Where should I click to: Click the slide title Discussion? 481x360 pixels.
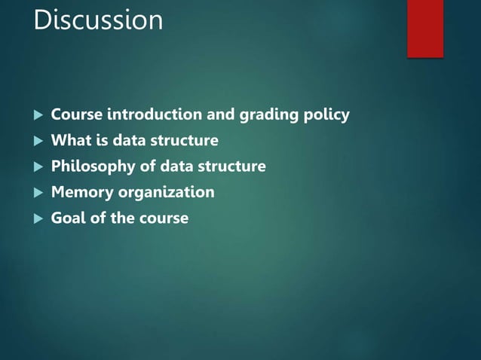(98, 20)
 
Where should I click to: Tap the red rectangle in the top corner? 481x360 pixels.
(425, 28)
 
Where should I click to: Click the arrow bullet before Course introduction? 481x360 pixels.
(37, 115)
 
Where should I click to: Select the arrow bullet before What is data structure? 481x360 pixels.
(37, 141)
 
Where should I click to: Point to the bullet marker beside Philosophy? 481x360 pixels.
(37, 166)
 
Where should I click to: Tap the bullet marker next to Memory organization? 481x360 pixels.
(37, 193)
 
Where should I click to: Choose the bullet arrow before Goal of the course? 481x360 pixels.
(37, 218)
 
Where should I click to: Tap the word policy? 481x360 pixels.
(325, 115)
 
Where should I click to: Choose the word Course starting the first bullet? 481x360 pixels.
(76, 115)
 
